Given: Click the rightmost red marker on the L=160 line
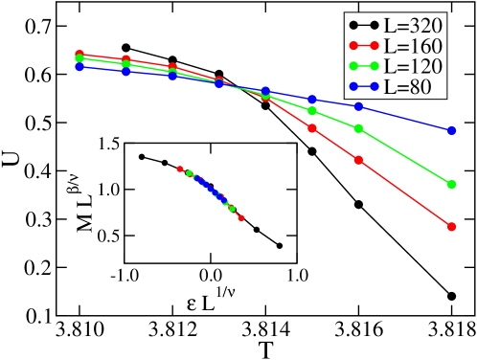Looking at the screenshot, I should (x=451, y=227).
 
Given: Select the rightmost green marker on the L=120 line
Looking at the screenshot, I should (x=451, y=183).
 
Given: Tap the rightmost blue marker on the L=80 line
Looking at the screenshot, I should (x=451, y=129).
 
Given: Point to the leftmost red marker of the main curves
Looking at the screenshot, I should (x=79, y=55).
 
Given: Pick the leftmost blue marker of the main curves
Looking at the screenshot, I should (x=79, y=66).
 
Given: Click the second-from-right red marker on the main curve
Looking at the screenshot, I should (x=358, y=160).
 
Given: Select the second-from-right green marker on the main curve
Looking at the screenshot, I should (x=358, y=128).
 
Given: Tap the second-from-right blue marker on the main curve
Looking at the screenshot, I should (x=358, y=106).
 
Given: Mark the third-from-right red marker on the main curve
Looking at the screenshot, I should (x=312, y=127).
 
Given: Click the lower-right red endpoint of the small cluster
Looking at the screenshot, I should (x=241, y=218).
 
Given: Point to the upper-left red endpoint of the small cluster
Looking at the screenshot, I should (x=180, y=169).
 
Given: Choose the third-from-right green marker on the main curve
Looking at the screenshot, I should (x=312, y=110).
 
